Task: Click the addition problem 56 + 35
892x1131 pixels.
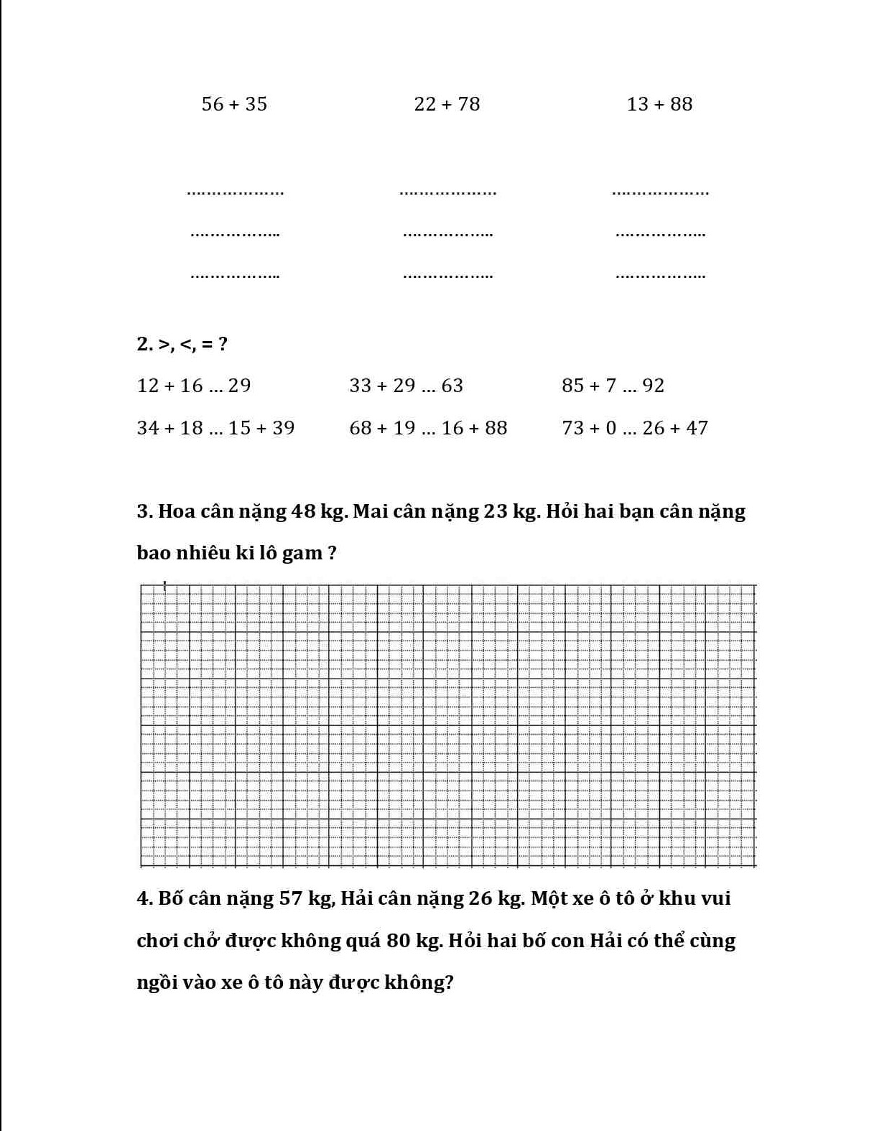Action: point(234,104)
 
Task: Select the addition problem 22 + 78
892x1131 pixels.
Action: point(447,104)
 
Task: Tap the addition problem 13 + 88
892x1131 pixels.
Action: point(659,104)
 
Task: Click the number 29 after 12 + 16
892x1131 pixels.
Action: point(239,386)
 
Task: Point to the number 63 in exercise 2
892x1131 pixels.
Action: point(452,386)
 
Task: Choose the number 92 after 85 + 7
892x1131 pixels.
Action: point(653,386)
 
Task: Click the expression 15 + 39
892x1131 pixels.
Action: point(261,428)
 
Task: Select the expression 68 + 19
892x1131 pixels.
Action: point(382,428)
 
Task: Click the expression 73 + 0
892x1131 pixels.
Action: point(589,428)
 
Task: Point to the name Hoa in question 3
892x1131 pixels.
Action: point(176,511)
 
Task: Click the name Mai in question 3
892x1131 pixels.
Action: point(371,511)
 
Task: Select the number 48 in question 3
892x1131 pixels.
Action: point(302,511)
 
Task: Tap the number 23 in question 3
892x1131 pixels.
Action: point(496,511)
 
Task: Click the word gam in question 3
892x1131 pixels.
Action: point(302,554)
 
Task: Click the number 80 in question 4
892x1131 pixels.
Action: point(399,941)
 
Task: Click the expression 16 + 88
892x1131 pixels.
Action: point(474,428)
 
